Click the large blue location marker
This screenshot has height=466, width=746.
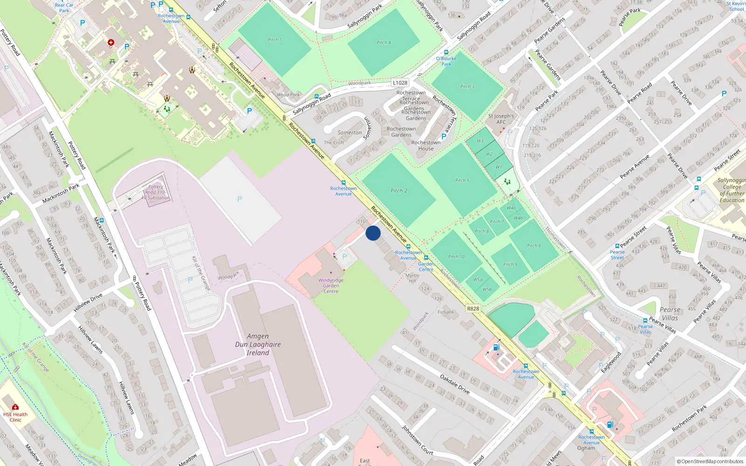(x=373, y=233)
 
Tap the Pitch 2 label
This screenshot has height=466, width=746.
(x=399, y=191)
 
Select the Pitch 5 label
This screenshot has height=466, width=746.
(x=462, y=180)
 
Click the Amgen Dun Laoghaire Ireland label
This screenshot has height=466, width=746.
(x=258, y=344)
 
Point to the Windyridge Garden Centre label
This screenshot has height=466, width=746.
(x=331, y=286)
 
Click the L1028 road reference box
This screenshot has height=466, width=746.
(x=400, y=83)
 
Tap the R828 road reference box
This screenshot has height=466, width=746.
(x=473, y=308)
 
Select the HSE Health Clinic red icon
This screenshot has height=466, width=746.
(x=15, y=407)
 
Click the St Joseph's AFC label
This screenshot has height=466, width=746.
(x=501, y=119)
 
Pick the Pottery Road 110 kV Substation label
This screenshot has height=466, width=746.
(x=156, y=192)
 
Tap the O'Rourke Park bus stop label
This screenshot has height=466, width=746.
(x=446, y=61)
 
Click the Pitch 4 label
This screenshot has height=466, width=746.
(x=384, y=42)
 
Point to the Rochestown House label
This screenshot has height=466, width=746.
(x=426, y=145)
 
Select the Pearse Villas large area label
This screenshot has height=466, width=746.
(x=670, y=314)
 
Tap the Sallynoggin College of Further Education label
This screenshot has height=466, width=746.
(x=732, y=190)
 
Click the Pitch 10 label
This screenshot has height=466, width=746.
(x=456, y=257)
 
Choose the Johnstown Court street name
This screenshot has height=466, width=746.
(x=417, y=440)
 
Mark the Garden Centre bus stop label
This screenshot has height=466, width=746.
(x=426, y=267)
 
